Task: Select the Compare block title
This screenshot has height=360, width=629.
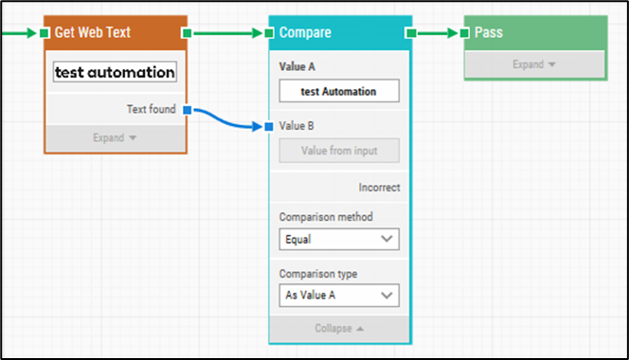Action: point(305,33)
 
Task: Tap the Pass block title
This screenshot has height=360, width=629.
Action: point(489,33)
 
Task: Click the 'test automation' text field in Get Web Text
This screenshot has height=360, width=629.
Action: point(115,72)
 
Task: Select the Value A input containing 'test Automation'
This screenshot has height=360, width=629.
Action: point(339,91)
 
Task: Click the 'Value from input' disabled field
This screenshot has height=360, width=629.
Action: point(339,151)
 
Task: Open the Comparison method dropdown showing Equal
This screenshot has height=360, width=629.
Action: point(339,240)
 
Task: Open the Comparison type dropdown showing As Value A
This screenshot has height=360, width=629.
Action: point(339,296)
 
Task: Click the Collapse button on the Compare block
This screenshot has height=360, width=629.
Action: point(339,329)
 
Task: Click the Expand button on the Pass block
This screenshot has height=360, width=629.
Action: point(534,64)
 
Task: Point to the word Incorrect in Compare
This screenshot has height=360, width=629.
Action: point(379,188)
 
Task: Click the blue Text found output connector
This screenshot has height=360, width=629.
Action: point(188,110)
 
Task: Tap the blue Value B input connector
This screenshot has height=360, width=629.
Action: point(270,126)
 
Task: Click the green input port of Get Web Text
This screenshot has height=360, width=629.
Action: point(44,33)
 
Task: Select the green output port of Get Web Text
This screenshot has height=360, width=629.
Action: point(188,33)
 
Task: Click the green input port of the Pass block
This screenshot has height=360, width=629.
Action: point(464,33)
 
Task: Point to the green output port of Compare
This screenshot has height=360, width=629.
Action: point(411,33)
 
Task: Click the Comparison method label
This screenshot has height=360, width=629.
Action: point(318,217)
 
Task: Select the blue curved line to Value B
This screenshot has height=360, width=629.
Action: point(228,120)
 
